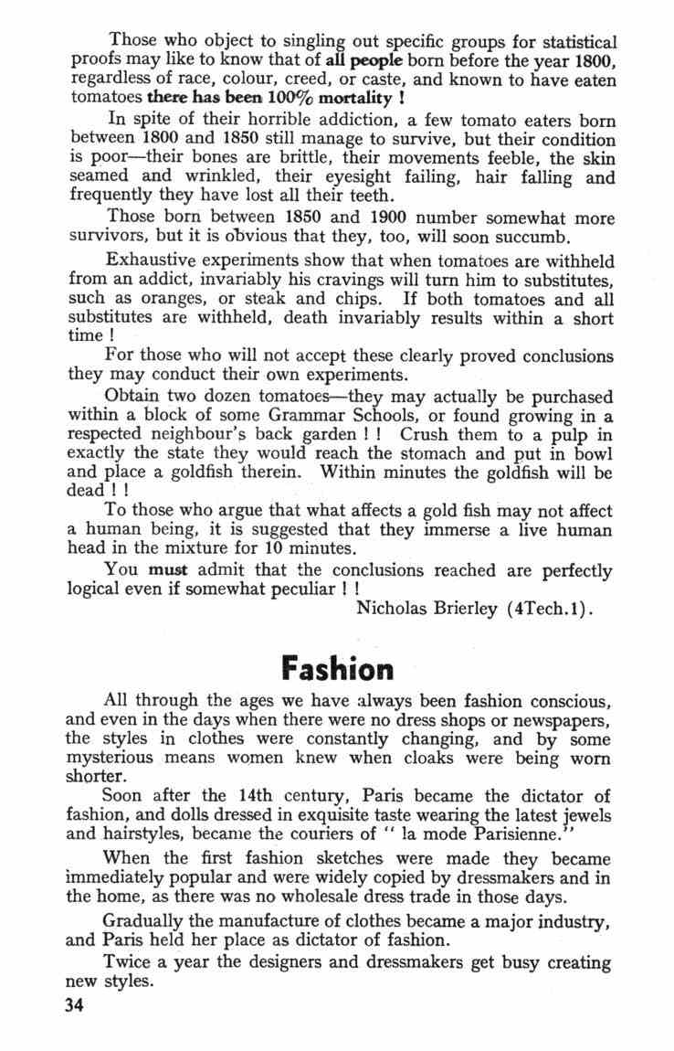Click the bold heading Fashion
click(x=338, y=668)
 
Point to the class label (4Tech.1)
click(x=551, y=607)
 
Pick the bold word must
click(x=168, y=570)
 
